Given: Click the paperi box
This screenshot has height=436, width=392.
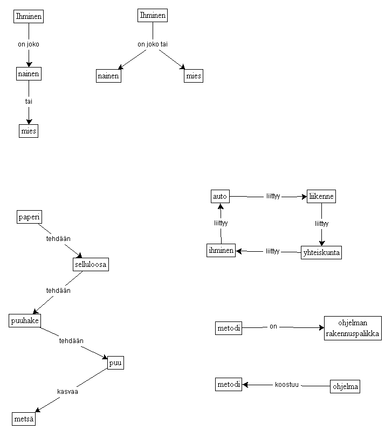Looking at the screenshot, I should coord(30,217).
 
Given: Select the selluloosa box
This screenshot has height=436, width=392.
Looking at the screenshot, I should coord(91,264).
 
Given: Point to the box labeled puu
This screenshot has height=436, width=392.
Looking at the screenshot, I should coord(115,363).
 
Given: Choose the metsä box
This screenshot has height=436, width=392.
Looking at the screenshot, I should coord(24,419).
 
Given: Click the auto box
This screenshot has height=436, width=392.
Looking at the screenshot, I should coord(220,196).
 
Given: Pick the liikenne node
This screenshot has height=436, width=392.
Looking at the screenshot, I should coord(321,196).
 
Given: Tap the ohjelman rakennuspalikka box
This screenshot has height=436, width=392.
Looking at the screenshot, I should coord(353,328).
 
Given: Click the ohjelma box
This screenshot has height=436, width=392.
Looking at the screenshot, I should coord(345,386).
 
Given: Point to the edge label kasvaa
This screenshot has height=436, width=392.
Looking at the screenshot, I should coord(68,392).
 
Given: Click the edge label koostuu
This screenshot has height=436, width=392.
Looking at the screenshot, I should coord(286,385).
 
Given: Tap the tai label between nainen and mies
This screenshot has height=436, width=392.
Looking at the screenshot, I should coord(29,101).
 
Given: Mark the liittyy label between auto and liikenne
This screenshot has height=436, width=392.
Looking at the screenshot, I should coord(273,196).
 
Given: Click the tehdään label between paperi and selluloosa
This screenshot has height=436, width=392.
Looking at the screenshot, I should coord(58,238).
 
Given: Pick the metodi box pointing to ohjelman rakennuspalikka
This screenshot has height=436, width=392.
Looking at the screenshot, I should coord(229,327).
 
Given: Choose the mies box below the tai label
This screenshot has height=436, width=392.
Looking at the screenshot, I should coord(29,131).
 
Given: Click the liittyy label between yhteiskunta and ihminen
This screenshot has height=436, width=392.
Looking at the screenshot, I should coord(272,251).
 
